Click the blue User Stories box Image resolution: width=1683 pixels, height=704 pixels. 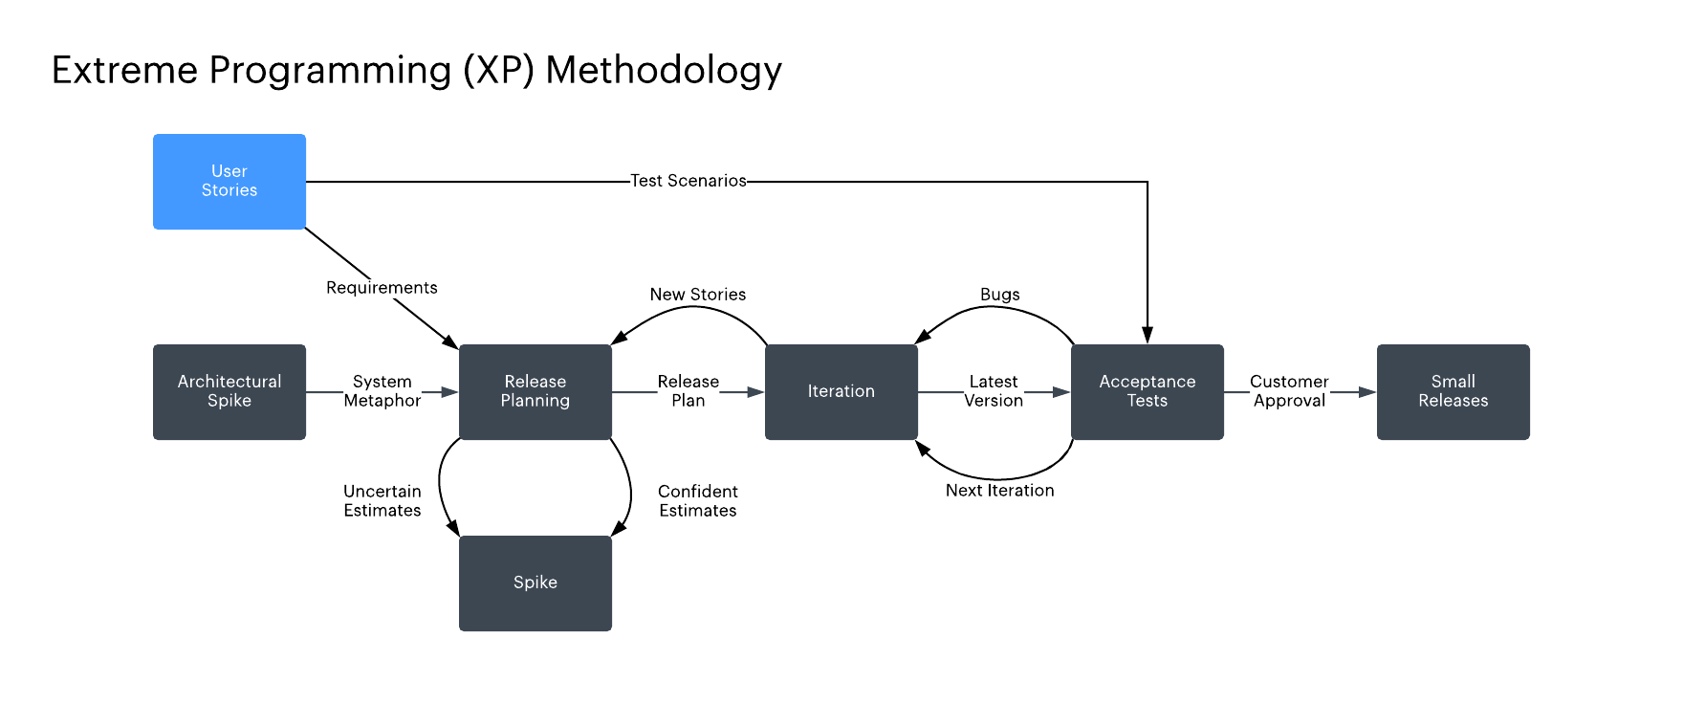click(229, 182)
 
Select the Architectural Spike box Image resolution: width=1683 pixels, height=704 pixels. click(229, 392)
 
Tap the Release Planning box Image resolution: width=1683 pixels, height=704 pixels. click(535, 392)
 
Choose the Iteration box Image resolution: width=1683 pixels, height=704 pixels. click(841, 392)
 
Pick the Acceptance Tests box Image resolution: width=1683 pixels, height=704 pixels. click(1147, 392)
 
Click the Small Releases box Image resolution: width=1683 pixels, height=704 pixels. click(1453, 392)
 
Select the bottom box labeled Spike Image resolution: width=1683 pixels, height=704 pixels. click(535, 583)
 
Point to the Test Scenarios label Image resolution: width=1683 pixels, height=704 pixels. click(688, 181)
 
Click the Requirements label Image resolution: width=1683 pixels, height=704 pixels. click(382, 288)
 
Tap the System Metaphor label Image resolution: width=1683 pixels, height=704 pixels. click(382, 391)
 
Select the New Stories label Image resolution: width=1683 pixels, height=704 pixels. click(698, 295)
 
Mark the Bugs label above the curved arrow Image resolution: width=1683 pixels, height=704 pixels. click(1000, 295)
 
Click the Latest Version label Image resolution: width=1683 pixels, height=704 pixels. click(994, 391)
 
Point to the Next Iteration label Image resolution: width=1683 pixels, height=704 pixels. click(1000, 491)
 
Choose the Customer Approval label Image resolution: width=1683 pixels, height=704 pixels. click(1289, 391)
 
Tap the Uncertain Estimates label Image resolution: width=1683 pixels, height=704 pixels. click(382, 501)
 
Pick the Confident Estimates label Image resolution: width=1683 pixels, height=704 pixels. click(698, 501)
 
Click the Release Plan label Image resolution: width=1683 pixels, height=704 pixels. click(688, 391)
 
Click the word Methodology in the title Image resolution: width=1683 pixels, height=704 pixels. click(664, 71)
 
